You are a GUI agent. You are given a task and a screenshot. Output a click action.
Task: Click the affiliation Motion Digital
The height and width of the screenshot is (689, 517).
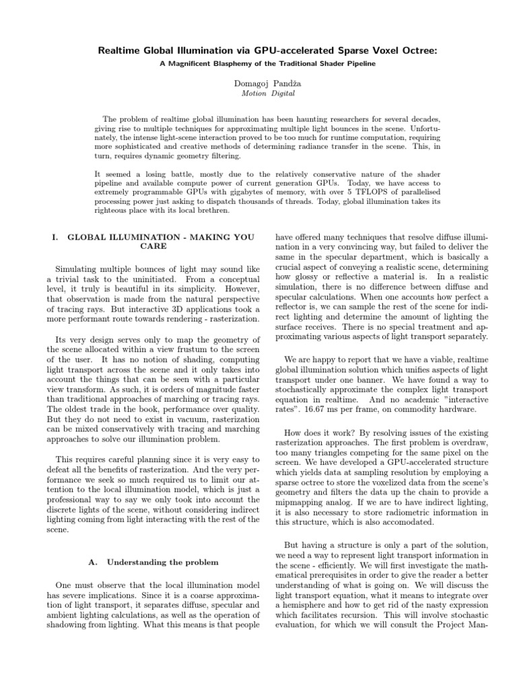coord(258,93)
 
